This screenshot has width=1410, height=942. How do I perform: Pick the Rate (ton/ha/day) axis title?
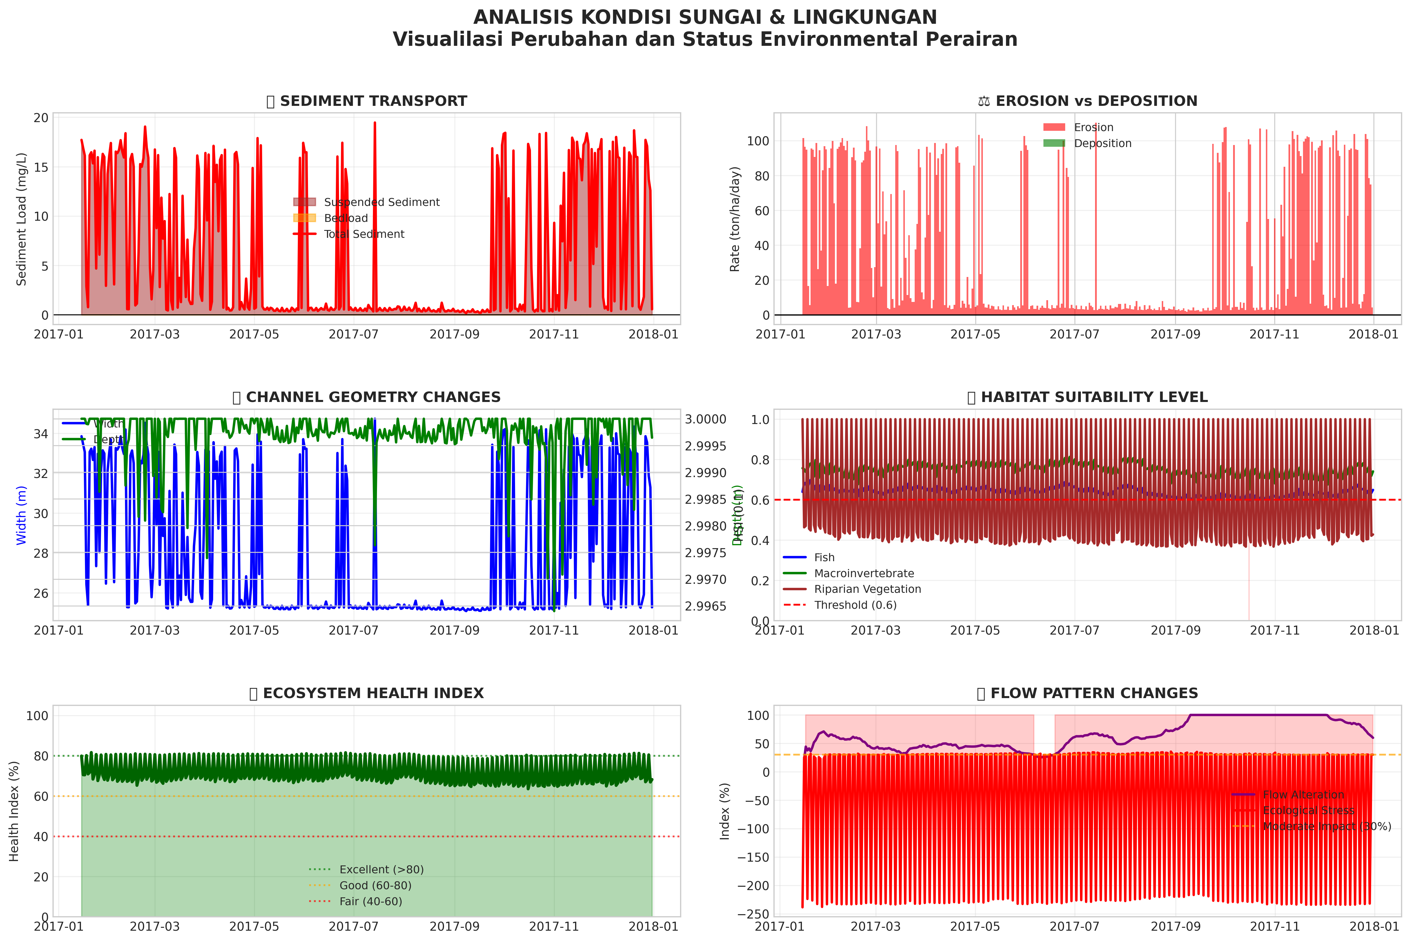[735, 219]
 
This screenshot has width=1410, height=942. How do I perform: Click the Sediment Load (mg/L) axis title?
[22, 219]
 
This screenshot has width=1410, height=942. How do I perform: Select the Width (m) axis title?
[22, 515]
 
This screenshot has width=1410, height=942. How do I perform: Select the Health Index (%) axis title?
[15, 811]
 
